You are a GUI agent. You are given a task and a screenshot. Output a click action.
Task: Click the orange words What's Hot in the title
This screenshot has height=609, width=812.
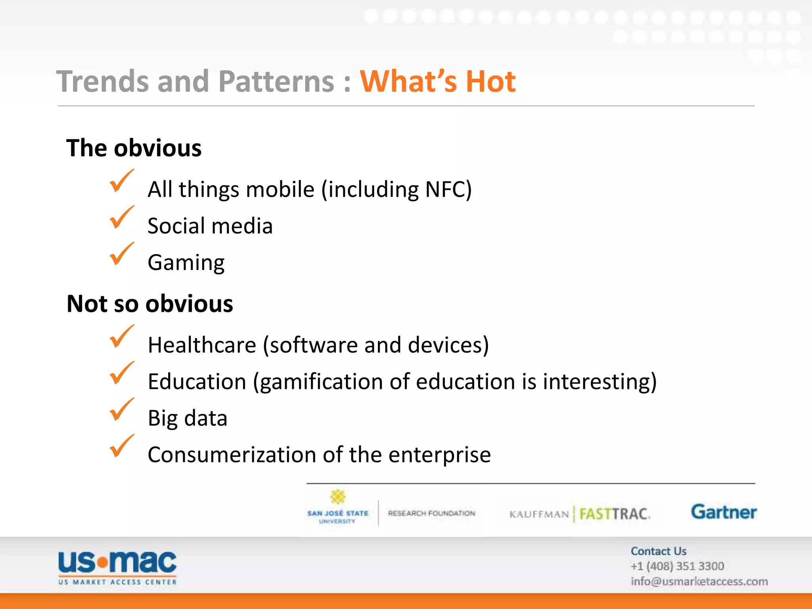437,81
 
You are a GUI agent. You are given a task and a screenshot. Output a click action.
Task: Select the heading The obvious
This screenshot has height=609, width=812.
134,148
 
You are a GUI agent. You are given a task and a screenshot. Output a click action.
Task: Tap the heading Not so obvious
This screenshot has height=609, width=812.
150,304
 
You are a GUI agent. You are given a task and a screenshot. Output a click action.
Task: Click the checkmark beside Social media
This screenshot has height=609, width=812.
121,218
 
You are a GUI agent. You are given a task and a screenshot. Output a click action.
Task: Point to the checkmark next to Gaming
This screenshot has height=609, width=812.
121,254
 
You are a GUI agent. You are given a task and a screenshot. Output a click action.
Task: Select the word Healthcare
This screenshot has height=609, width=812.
202,345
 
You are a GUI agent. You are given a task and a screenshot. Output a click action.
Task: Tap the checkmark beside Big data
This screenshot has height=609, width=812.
121,410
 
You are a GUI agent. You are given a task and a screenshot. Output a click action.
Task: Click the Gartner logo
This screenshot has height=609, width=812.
724,512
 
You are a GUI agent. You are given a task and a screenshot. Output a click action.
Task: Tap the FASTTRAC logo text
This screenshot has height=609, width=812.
614,514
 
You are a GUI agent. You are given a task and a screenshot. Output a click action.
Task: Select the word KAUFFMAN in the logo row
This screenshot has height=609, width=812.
539,514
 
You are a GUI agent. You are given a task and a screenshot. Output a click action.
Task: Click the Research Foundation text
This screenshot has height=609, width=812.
431,513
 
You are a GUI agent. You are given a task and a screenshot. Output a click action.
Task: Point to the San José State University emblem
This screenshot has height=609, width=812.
338,497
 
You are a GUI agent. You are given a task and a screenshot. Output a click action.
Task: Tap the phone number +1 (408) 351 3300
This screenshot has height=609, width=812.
677,566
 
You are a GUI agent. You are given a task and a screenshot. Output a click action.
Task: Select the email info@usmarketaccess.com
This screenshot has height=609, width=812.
699,581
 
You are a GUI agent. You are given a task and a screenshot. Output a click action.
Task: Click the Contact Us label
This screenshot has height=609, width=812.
659,551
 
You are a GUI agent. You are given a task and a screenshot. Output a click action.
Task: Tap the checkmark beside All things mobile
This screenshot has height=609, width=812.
121,181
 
